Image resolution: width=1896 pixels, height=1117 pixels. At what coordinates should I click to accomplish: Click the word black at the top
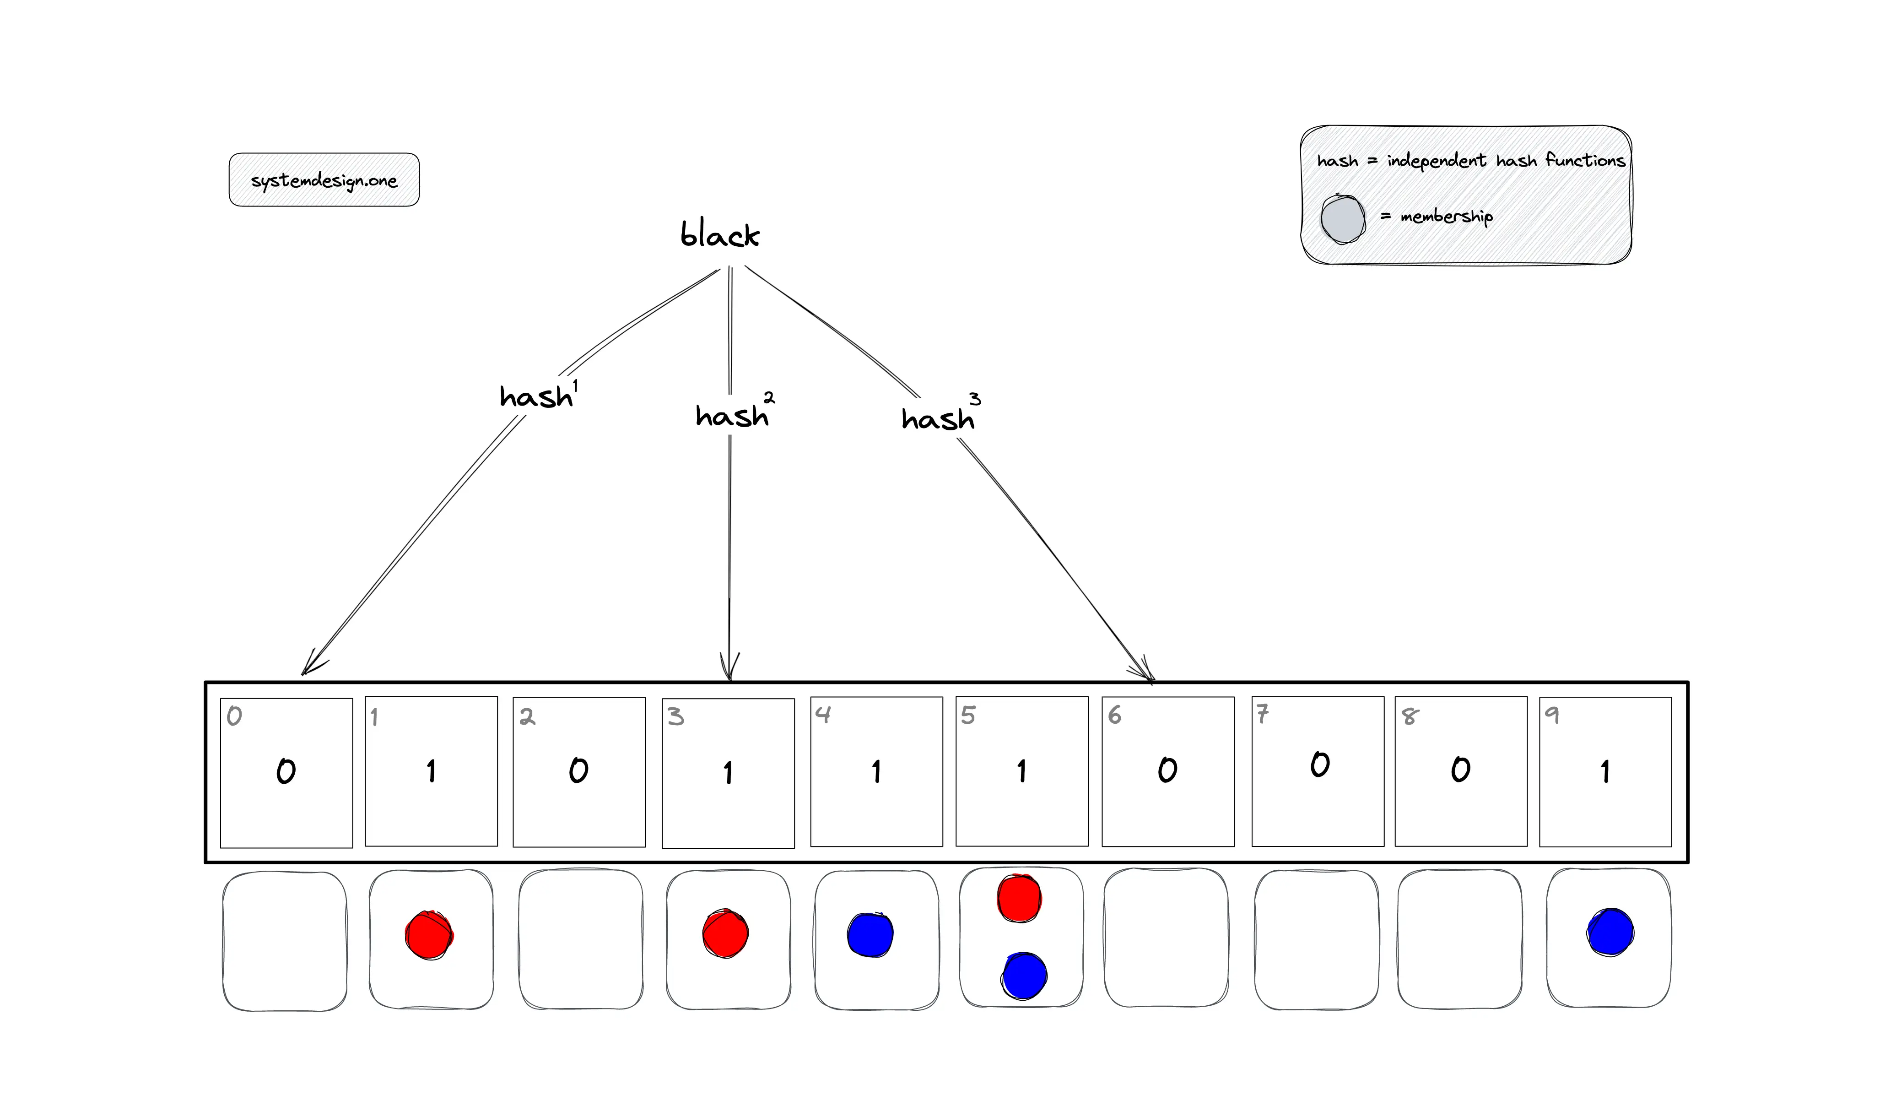(719, 235)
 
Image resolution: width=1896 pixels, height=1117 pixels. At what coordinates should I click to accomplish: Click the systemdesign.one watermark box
(324, 180)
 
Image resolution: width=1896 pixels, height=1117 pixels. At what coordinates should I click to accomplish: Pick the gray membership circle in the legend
(1342, 219)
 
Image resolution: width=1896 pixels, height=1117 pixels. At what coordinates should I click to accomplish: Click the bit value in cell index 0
(286, 771)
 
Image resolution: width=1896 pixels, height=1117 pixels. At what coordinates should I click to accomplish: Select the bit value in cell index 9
(1605, 771)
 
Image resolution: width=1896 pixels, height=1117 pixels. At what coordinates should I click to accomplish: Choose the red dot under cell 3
(725, 933)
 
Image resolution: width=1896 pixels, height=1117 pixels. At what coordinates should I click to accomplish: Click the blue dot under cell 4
(870, 935)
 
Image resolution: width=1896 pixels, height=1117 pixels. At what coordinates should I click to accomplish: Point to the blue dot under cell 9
(1610, 933)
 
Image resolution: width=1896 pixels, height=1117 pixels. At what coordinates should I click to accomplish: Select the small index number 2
(527, 716)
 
